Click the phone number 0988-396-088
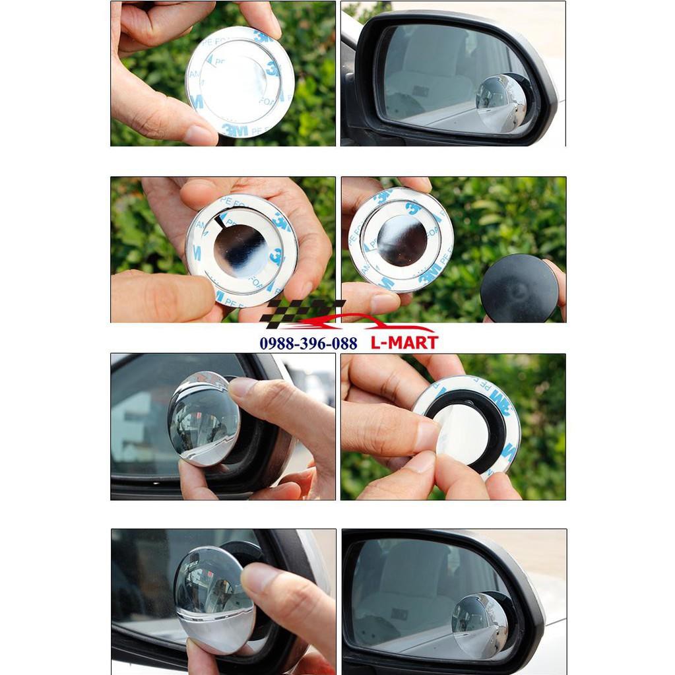(x=308, y=343)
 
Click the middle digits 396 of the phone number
(x=308, y=343)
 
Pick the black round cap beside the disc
(x=519, y=288)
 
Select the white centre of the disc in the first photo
(x=234, y=79)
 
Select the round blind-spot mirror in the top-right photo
(x=501, y=102)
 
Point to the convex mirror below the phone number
(x=203, y=418)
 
